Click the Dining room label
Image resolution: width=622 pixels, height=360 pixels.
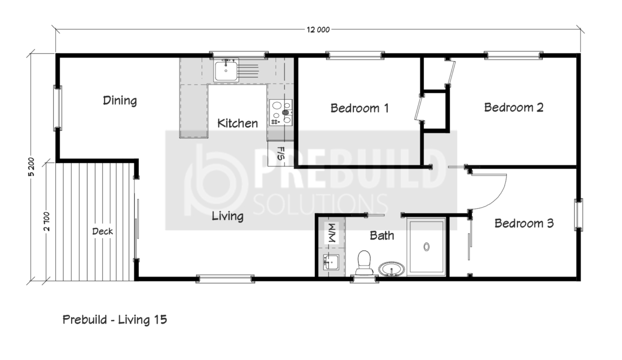pos(120,100)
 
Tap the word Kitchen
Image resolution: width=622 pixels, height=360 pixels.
pos(237,123)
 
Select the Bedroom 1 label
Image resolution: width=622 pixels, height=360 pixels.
pos(360,108)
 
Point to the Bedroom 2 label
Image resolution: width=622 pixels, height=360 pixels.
pos(514,107)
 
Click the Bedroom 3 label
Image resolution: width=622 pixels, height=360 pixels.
pos(524,223)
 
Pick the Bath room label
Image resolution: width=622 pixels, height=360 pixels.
pos(382,236)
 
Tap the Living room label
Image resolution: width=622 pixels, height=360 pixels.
pos(228,216)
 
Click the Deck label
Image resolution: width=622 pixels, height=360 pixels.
pos(103,231)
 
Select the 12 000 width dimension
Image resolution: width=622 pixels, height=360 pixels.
pos(318,30)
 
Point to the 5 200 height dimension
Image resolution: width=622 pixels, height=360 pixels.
pos(32,167)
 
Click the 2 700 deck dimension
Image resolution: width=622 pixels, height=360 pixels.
pos(47,221)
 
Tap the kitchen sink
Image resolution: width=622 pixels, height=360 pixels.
pos(226,70)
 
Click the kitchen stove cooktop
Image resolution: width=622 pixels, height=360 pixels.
pos(280,113)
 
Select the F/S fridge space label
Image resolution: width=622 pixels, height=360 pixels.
pos(281,154)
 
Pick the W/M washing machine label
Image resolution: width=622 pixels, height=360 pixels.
pos(332,233)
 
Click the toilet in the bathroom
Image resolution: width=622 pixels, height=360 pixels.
pos(364,262)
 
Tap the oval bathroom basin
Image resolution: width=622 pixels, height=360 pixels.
pos(391,269)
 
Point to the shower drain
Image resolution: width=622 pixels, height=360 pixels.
pos(427,246)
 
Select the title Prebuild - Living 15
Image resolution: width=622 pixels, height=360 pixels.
pos(115,320)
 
